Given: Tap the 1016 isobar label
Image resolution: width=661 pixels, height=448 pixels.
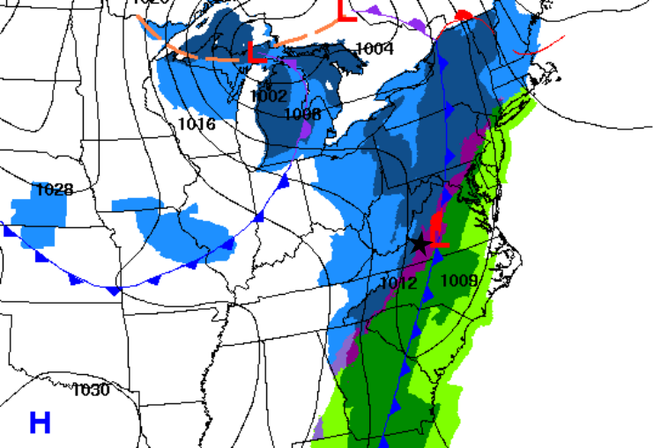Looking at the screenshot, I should tap(196, 123).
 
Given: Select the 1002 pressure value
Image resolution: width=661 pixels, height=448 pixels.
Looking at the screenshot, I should tap(268, 96).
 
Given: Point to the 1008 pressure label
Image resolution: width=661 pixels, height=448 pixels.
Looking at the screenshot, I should tap(303, 114).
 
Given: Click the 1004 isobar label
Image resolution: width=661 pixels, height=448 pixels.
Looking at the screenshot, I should tap(375, 48).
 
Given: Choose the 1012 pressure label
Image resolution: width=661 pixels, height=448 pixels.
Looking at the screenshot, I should tap(398, 283).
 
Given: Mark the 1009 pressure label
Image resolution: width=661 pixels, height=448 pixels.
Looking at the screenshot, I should tap(458, 281).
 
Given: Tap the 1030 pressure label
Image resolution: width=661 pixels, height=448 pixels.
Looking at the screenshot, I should tap(92, 389).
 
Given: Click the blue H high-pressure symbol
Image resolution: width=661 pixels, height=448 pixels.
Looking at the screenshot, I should tap(40, 422).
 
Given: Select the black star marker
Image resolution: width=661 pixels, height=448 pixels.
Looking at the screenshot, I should tap(420, 244).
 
